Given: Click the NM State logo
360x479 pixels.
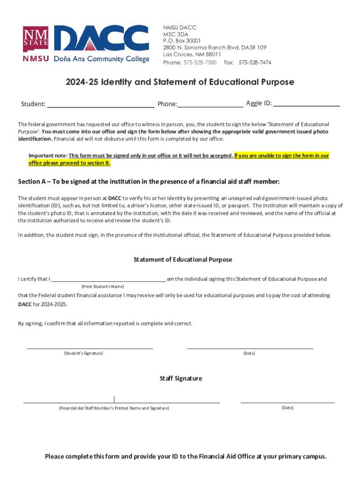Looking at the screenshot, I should (x=35, y=39).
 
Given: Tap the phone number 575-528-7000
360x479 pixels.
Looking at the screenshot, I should (x=199, y=62).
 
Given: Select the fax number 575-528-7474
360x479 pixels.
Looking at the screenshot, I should (x=255, y=62).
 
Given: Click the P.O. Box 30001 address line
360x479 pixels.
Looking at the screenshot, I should (x=182, y=40).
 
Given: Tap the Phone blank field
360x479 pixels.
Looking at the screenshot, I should (x=210, y=104).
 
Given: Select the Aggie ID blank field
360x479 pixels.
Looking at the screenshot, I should (x=306, y=104).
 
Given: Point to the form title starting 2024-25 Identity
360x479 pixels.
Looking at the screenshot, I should (x=180, y=82).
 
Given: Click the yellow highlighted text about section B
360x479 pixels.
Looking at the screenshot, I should (x=281, y=155).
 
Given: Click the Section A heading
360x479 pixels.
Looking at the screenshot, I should (x=149, y=181).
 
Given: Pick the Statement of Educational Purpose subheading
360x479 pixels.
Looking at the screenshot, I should (x=183, y=259).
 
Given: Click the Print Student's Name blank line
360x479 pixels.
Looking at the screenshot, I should (x=108, y=279).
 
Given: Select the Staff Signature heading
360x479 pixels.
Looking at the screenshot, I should (x=181, y=378).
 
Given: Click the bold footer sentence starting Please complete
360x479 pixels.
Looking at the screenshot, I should (x=186, y=457).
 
